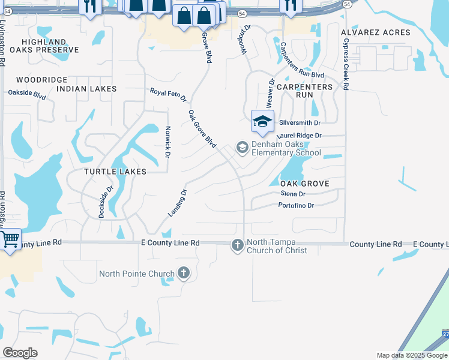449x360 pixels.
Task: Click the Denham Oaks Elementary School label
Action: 286,148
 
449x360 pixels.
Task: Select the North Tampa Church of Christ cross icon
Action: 238,245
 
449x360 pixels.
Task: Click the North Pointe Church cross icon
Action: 184,274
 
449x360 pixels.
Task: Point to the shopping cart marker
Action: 10,240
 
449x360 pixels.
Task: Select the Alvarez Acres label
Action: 375,32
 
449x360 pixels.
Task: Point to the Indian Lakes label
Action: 86,89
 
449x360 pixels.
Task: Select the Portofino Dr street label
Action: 296,206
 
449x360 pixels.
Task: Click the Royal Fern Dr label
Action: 168,94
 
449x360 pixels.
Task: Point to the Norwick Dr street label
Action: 166,142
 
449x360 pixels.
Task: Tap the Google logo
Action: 20,353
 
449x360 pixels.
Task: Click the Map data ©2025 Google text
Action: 411,355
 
